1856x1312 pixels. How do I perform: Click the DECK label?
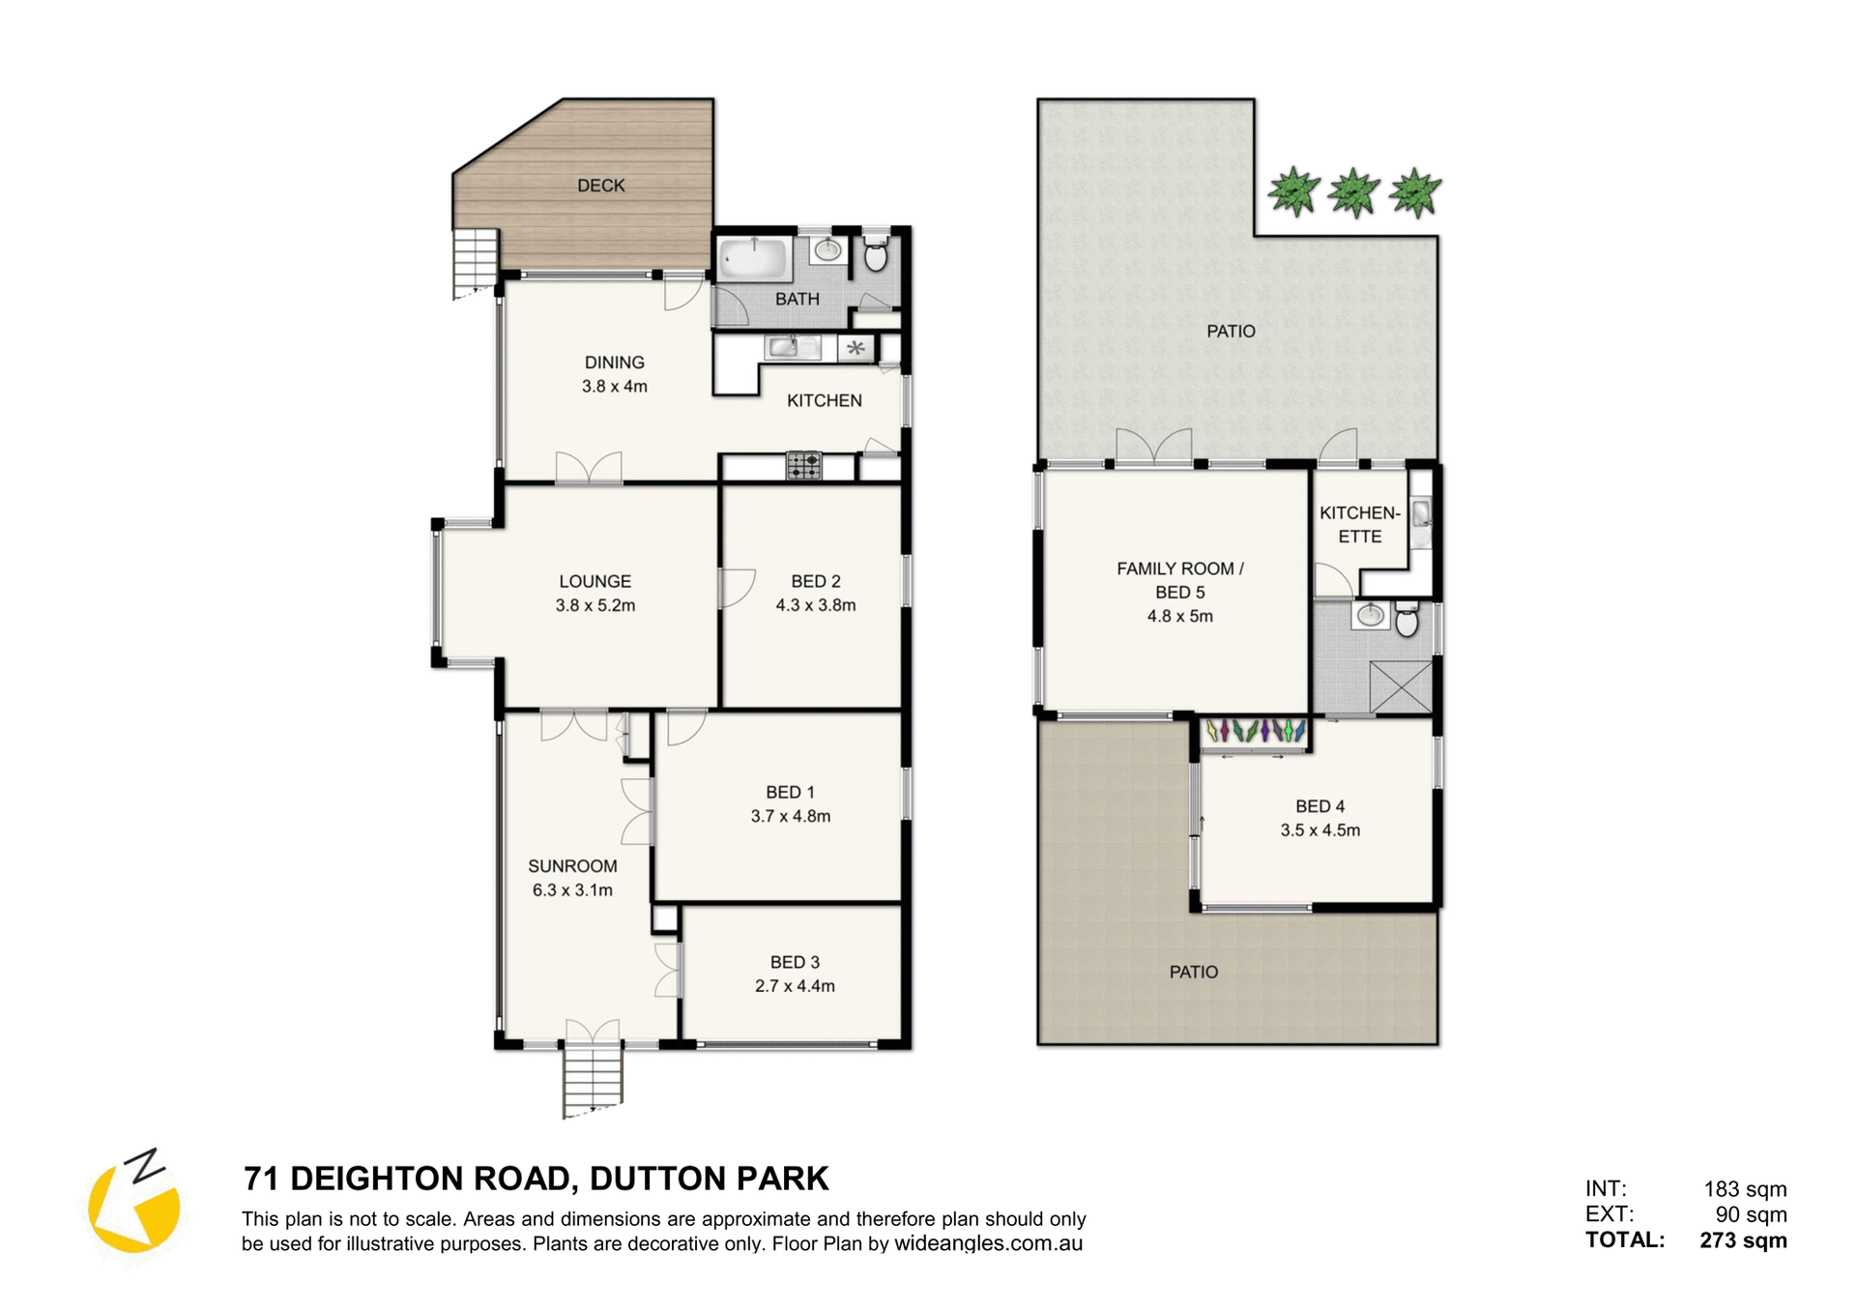(x=600, y=186)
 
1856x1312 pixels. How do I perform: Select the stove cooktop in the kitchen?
(x=803, y=466)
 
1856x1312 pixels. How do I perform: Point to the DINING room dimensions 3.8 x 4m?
(x=614, y=386)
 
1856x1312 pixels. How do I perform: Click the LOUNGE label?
(x=594, y=581)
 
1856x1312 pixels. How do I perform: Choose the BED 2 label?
(x=815, y=581)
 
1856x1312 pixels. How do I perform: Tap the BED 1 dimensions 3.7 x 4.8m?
(x=790, y=816)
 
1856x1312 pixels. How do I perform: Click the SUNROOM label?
(x=572, y=866)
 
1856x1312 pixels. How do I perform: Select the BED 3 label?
(x=795, y=962)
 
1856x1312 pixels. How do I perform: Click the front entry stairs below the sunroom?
(x=593, y=1081)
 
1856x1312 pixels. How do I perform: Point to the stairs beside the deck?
(x=476, y=263)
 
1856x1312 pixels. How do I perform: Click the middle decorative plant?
(x=1353, y=191)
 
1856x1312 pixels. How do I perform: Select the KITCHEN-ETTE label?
(x=1359, y=524)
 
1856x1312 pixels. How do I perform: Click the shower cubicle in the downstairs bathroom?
(x=1400, y=687)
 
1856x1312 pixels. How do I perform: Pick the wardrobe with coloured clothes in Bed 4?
(x=1255, y=732)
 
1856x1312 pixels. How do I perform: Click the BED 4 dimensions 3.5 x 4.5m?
(x=1319, y=830)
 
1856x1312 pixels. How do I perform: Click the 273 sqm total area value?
(x=1743, y=1239)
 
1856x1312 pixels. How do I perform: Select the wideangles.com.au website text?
(x=988, y=1243)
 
